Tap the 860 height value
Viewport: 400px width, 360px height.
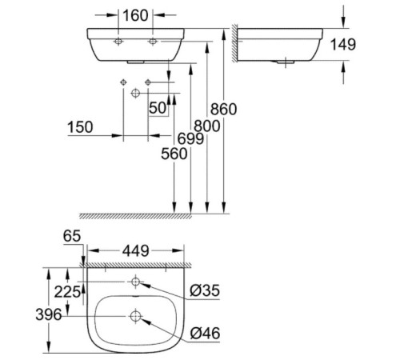point(228,109)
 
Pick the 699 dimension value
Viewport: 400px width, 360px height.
point(191,138)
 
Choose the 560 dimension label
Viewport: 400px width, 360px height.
point(174,154)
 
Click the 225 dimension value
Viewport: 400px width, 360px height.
point(67,292)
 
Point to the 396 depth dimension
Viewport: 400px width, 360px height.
point(50,314)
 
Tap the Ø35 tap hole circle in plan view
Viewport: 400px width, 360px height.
point(135,282)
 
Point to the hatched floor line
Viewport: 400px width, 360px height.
point(152,216)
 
